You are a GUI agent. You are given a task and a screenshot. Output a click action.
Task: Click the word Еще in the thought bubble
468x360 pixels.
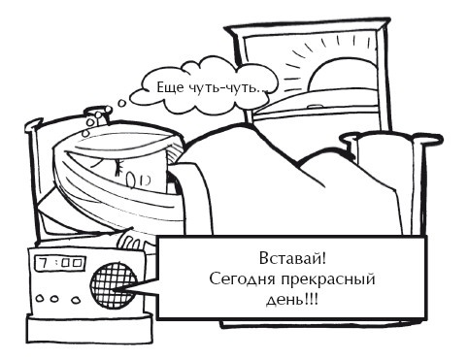point(169,88)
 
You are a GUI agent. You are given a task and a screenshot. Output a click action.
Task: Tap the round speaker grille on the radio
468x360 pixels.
point(114,286)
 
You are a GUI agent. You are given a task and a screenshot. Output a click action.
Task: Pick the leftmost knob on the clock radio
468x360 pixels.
point(40,298)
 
